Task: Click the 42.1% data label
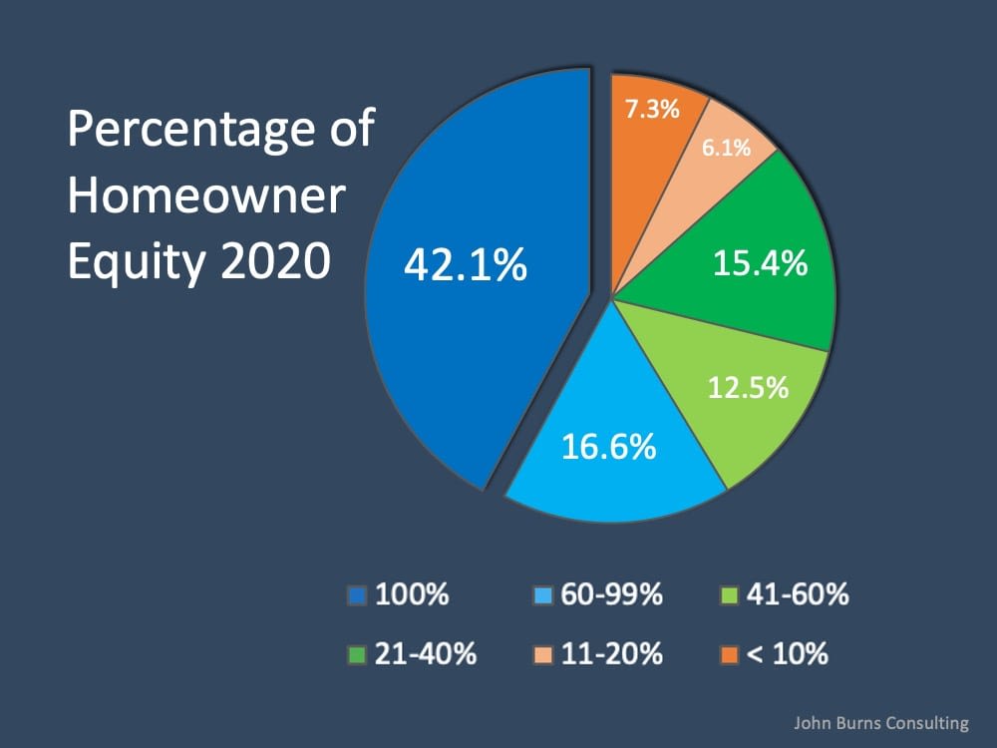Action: (465, 266)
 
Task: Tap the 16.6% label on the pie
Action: (608, 446)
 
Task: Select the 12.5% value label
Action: (748, 386)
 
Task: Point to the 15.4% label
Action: (760, 264)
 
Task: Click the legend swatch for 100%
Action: (357, 597)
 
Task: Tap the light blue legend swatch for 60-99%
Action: (542, 597)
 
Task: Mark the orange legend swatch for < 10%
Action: (728, 655)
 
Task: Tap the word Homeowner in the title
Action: (205, 196)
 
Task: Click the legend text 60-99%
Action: (609, 596)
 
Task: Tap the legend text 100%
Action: (412, 596)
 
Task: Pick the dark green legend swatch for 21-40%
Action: (357, 655)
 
